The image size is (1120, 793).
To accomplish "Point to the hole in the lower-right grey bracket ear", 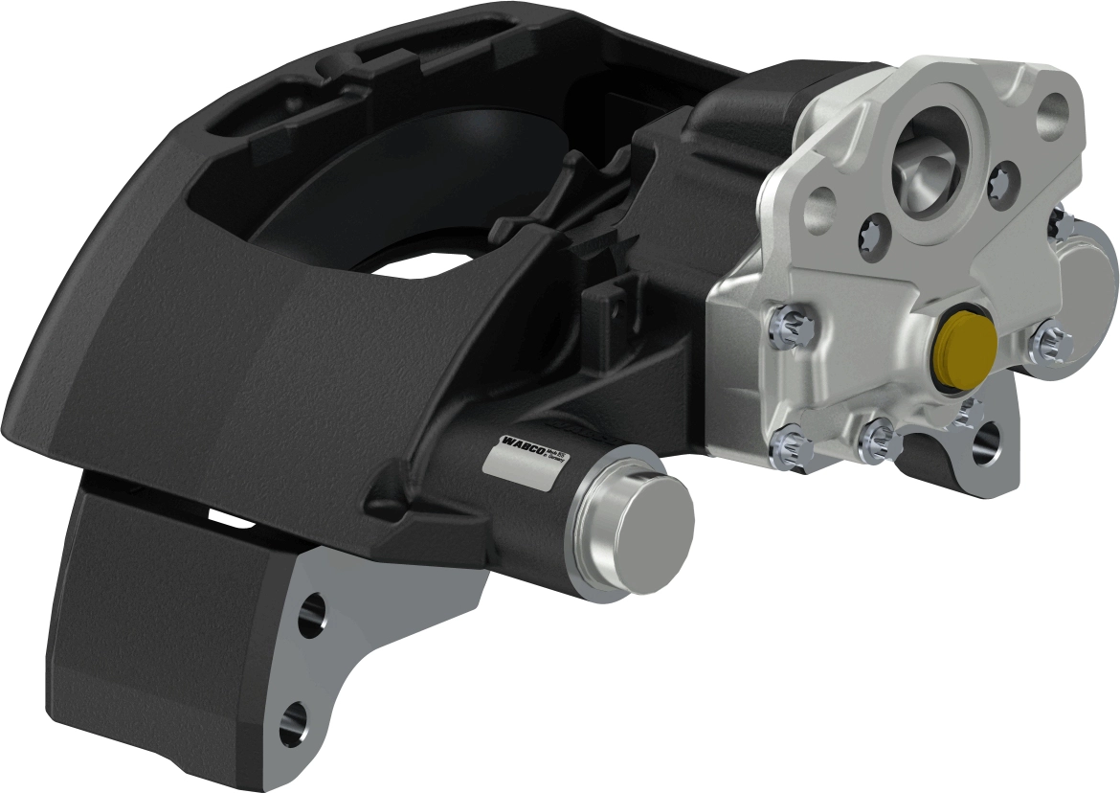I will (x=986, y=441).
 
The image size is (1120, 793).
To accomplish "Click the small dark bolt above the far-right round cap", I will (x=1057, y=221).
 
